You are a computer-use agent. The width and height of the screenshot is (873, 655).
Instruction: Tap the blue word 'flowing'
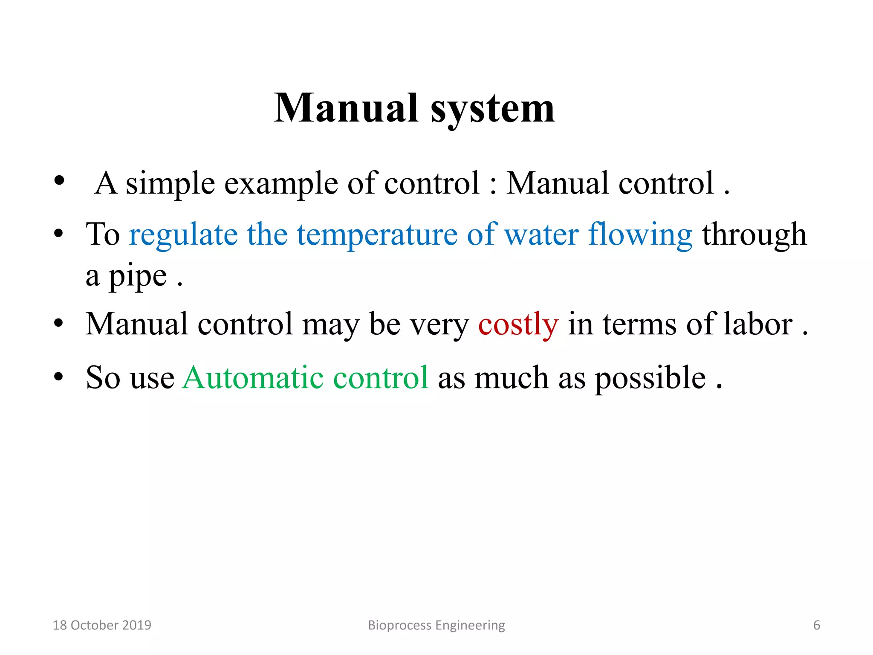click(640, 235)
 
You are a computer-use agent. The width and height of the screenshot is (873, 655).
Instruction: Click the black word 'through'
click(754, 235)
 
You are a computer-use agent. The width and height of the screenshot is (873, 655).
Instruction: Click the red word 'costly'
click(518, 325)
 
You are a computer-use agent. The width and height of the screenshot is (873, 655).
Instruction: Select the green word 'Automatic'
click(253, 378)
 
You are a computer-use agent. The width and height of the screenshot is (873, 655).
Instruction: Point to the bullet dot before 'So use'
click(59, 377)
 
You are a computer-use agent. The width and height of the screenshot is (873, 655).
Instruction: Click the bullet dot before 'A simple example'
click(59, 181)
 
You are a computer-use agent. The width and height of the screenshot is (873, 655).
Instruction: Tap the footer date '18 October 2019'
click(102, 625)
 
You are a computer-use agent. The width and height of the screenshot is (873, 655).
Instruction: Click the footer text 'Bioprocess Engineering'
click(436, 625)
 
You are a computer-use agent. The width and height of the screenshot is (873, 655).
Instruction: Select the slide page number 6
click(816, 625)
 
